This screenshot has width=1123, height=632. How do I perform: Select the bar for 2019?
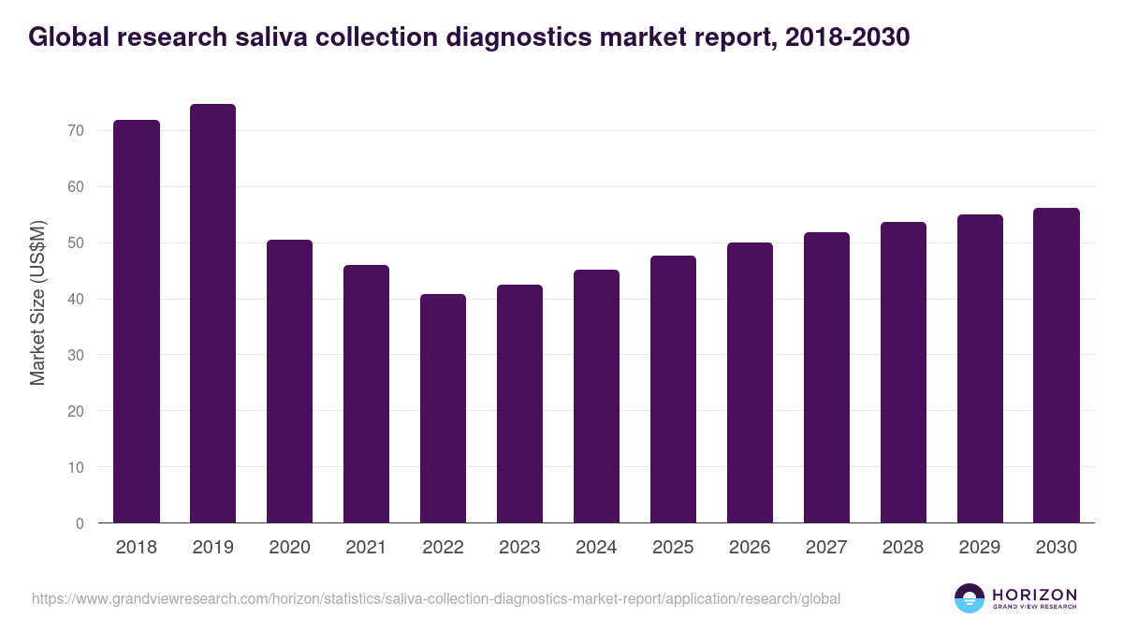212,314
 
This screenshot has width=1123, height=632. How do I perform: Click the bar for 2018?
137,321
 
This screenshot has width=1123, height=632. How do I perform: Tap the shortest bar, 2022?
443,408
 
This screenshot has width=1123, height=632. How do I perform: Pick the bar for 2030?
1056,365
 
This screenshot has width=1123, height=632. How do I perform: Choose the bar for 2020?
289,381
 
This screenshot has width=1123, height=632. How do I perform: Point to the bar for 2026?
750,383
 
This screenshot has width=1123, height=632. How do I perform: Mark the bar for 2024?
596,396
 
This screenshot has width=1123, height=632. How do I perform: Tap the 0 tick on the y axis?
80,523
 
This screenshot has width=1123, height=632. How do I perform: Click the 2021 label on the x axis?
366,548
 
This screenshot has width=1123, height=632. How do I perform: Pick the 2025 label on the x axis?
673,548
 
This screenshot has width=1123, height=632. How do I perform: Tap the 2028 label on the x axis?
903,548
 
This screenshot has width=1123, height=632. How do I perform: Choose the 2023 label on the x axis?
519,548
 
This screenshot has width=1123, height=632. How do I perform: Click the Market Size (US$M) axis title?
37,302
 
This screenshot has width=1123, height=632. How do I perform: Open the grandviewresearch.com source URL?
436,598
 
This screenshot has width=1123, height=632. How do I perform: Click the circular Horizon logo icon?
969,598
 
